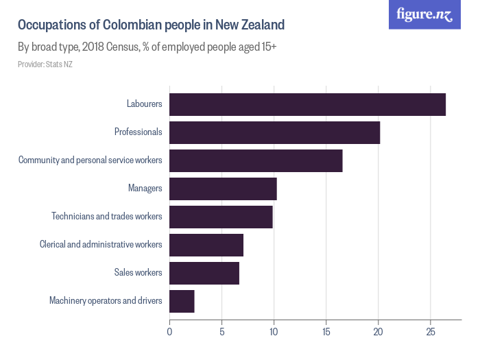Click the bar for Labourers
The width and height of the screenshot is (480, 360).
[307, 104]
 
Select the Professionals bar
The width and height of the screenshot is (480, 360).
[274, 132]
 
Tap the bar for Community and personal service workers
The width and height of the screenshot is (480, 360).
[256, 160]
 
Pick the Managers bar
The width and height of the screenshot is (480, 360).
[223, 189]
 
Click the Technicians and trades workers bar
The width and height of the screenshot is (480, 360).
[221, 217]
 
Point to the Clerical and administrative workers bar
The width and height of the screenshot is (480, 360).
[206, 245]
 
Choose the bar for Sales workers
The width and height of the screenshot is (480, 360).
[204, 273]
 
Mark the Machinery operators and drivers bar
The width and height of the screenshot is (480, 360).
[182, 301]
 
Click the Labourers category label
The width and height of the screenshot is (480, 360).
[144, 104]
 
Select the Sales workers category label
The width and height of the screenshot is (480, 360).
[138, 273]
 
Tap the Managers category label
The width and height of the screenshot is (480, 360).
[145, 189]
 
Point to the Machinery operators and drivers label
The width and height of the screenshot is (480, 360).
[106, 301]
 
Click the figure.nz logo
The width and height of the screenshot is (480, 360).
[425, 14]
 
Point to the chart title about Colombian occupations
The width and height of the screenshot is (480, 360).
[151, 25]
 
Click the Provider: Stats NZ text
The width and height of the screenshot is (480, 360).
[45, 64]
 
